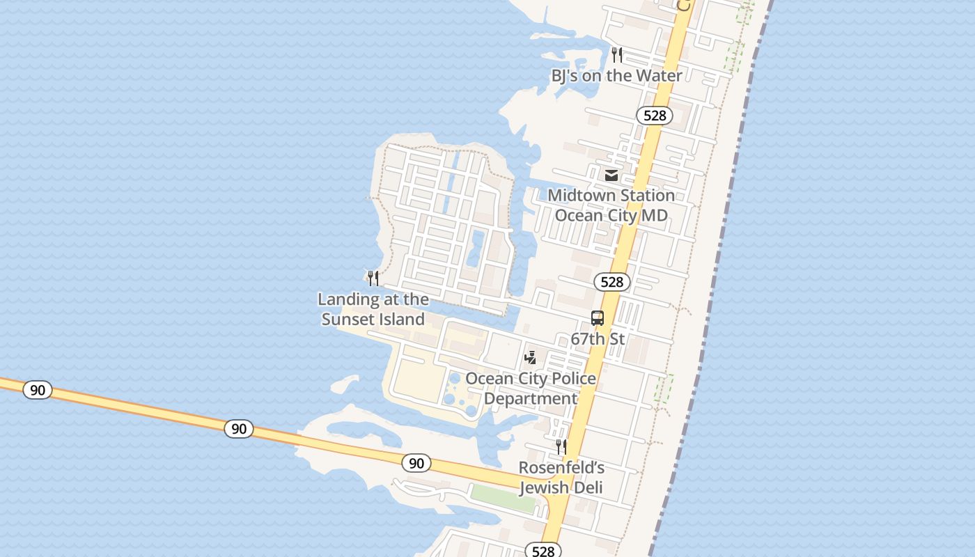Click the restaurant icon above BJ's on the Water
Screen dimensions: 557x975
click(617, 54)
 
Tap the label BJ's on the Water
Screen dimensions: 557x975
click(616, 75)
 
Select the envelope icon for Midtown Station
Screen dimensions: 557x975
click(611, 175)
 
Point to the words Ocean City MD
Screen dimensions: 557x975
click(611, 215)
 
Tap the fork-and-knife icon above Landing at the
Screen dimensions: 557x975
click(373, 278)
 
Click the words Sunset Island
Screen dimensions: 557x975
click(373, 320)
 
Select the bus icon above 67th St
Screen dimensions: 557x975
click(598, 318)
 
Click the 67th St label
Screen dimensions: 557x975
click(598, 339)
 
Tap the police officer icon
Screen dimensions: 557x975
click(531, 358)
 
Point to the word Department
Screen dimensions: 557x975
click(530, 399)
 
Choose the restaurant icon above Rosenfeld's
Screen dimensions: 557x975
click(561, 446)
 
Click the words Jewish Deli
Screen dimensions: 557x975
click(561, 487)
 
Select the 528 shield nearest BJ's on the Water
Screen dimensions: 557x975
click(655, 116)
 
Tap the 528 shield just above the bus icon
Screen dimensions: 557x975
click(611, 282)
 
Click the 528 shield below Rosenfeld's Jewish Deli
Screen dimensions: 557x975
click(543, 551)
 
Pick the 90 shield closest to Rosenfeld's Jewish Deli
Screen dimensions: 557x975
click(416, 463)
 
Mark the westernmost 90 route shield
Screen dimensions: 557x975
click(38, 390)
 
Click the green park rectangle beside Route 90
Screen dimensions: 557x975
click(503, 497)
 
